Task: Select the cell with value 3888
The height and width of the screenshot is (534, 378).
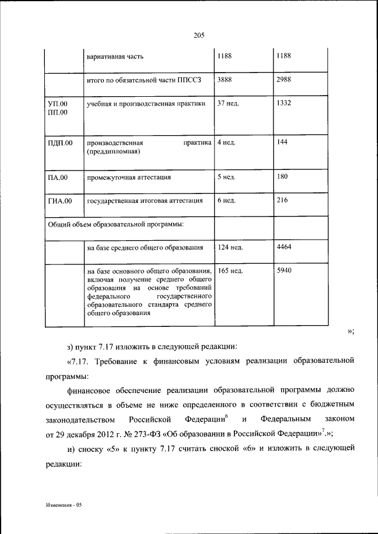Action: tap(225, 79)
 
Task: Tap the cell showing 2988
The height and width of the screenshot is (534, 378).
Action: tap(284, 79)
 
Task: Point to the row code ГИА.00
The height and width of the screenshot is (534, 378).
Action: tap(60, 201)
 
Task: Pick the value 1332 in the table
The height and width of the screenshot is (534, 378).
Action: tap(284, 104)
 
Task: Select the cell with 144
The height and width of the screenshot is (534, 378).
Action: tap(282, 143)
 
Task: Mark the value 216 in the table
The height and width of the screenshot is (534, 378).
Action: tap(282, 201)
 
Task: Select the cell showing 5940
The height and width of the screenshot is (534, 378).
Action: tap(284, 271)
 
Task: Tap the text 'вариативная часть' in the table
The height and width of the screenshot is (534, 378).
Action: tap(115, 57)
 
